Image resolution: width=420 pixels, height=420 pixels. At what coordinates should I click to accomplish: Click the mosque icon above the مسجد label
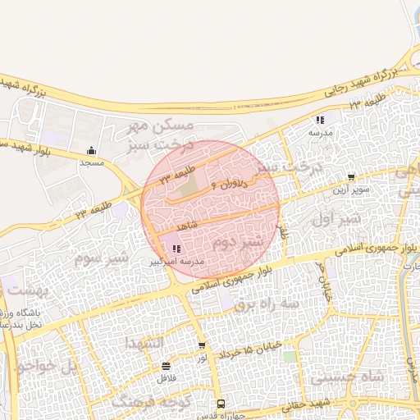(91, 150)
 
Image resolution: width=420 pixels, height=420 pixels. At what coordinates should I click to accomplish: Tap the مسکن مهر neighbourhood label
(162, 126)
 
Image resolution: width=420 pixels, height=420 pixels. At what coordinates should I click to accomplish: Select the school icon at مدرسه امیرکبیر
(176, 249)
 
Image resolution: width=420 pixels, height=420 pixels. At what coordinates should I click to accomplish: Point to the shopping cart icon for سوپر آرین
(352, 176)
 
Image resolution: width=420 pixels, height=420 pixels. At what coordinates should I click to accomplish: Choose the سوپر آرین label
(351, 189)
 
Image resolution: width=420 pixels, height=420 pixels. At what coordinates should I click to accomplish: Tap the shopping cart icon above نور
(202, 345)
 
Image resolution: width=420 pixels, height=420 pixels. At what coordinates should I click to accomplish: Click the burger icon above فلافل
(167, 366)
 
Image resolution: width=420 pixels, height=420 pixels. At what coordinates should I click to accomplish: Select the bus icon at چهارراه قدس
(221, 404)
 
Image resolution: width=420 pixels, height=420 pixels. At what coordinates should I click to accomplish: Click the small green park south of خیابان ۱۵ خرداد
(290, 357)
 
